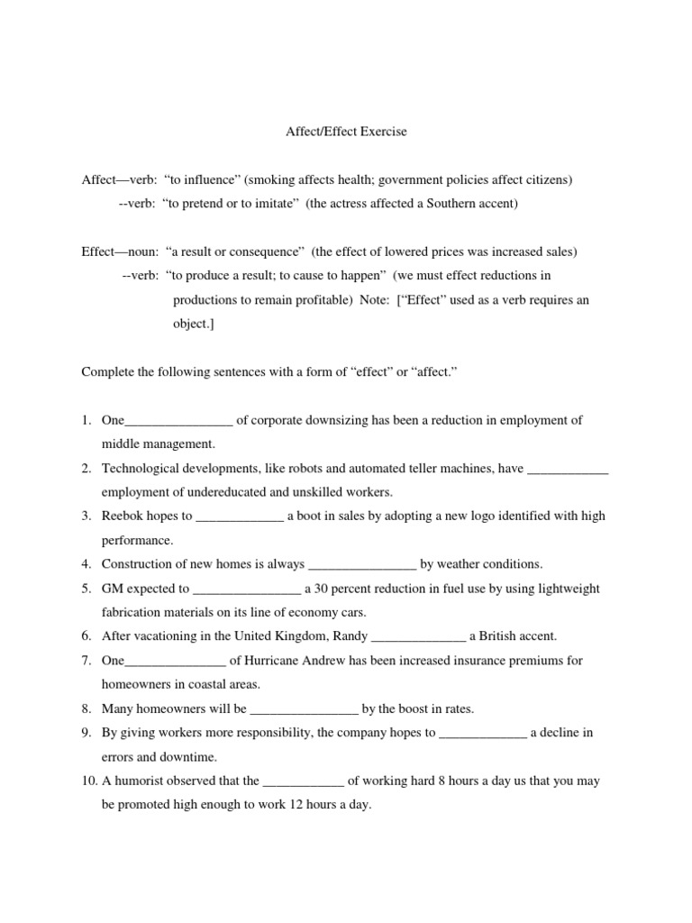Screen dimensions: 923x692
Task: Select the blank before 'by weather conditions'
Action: (x=362, y=565)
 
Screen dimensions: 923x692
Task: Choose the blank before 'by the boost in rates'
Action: (x=305, y=709)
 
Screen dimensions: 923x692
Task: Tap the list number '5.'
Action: (x=87, y=589)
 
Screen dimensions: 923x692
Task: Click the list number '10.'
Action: (x=89, y=781)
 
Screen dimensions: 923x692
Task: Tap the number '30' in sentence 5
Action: (x=323, y=589)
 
